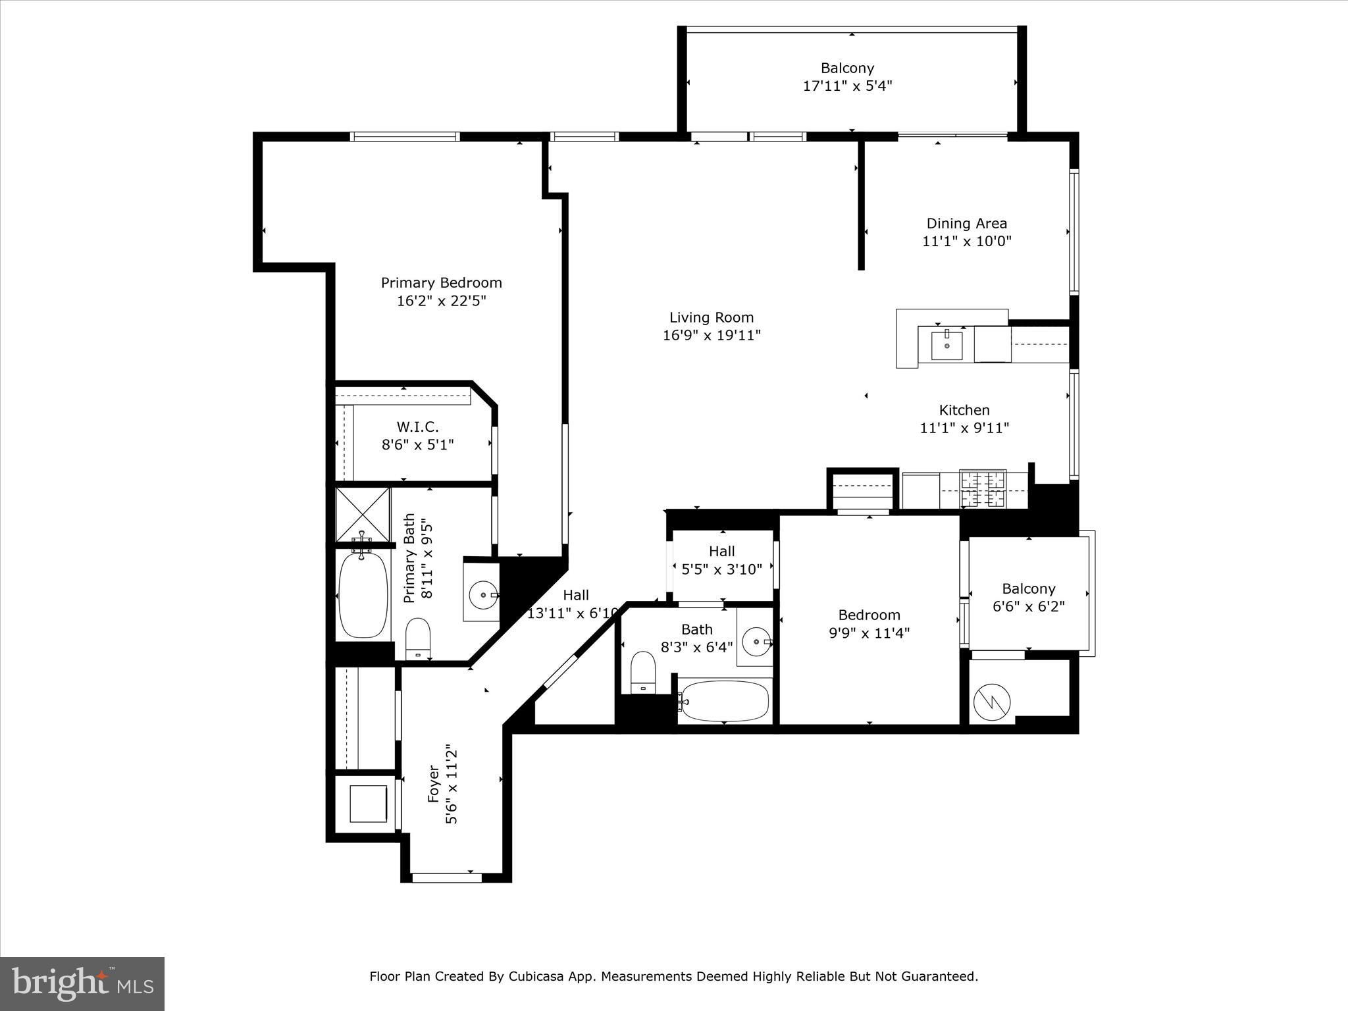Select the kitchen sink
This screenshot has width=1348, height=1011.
pos(946,346)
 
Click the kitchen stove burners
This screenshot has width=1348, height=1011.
pos(983,488)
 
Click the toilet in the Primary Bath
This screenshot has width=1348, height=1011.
pos(417,638)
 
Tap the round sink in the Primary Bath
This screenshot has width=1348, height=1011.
pos(484,595)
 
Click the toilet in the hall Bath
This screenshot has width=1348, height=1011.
pos(643,672)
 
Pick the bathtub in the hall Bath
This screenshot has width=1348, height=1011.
pos(724,701)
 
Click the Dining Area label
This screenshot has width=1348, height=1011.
pos(967,224)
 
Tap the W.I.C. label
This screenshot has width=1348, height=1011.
pos(417,427)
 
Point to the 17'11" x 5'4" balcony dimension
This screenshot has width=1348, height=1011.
pos(848,86)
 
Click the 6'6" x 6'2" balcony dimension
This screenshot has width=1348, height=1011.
pos(1029,606)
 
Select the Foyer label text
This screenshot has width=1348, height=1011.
pos(433,783)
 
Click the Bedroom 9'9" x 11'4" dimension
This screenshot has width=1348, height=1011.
pos(869,633)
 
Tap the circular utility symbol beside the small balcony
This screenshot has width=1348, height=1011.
pos(991,702)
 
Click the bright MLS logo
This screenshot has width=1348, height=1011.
pos(82,984)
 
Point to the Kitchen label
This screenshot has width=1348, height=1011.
pos(964,410)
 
